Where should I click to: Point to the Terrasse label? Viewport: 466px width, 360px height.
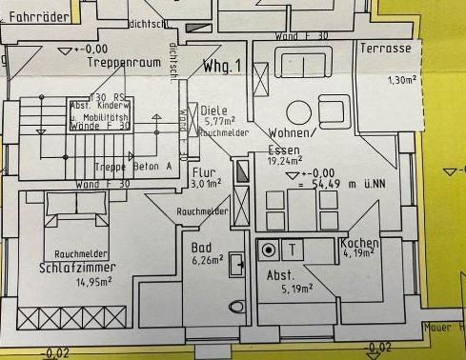pos(386,48)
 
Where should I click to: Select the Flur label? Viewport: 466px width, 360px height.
pos(203,173)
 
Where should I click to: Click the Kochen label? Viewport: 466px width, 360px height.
pos(360,244)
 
